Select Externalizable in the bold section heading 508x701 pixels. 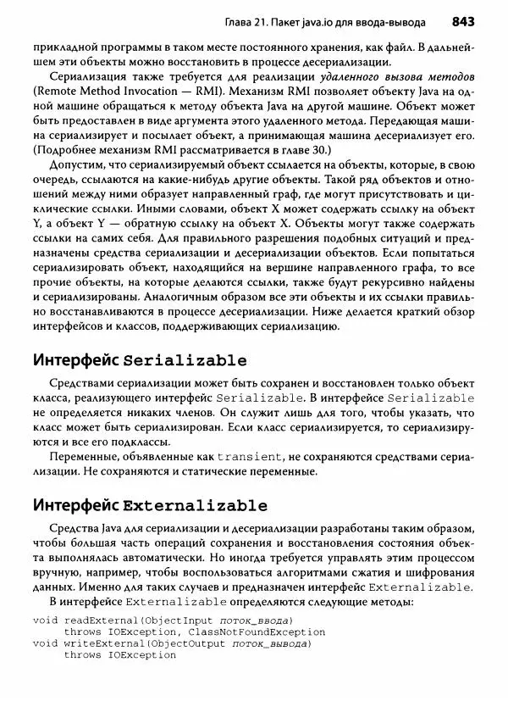196,506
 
